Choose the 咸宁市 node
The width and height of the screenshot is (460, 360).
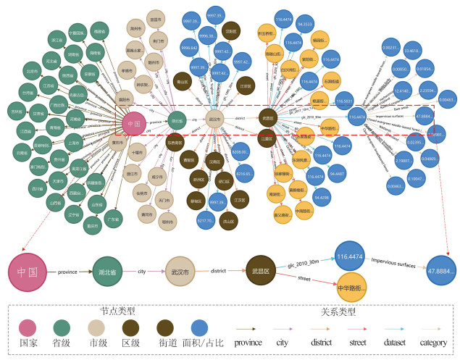coord(156,177)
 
